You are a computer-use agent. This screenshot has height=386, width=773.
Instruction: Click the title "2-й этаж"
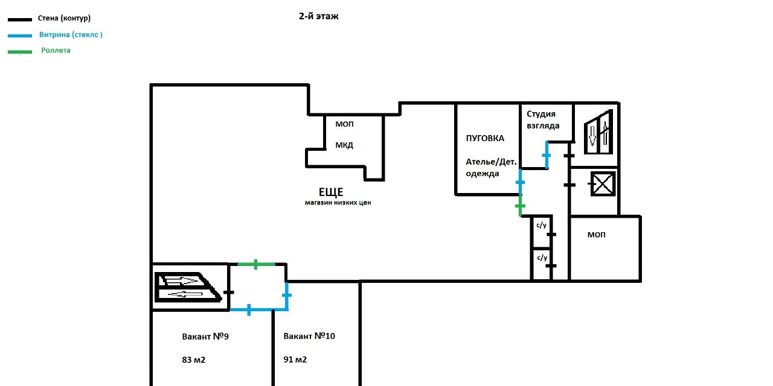319,17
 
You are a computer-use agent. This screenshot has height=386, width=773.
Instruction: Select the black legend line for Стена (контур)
20,19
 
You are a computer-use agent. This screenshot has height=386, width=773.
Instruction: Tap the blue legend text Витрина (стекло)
71,35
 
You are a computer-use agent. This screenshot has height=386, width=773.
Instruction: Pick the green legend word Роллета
56,51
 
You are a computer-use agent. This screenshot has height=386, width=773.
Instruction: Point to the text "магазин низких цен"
338,203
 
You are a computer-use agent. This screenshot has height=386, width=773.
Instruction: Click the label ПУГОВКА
485,138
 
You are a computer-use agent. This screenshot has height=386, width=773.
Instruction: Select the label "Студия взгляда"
543,119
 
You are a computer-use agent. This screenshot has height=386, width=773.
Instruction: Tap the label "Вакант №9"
205,337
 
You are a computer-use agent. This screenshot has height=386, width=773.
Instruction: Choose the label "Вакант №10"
309,336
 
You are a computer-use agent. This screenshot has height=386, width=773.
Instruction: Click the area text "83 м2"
194,360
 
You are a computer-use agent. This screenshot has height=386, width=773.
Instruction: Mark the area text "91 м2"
295,360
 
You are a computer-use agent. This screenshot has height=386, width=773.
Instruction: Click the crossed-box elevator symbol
601,184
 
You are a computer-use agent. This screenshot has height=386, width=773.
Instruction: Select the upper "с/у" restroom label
542,226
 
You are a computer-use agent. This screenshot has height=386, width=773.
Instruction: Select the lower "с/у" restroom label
542,258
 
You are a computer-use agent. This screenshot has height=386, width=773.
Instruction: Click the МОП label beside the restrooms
596,235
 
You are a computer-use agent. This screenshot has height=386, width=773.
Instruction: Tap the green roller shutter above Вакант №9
256,264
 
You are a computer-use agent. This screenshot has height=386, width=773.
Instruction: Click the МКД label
344,145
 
